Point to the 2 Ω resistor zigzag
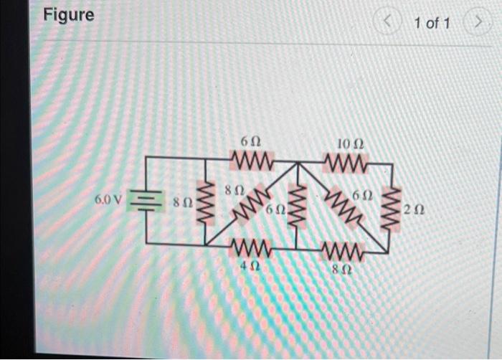click(392, 209)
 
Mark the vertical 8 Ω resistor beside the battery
click(205, 204)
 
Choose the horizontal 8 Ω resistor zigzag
click(345, 250)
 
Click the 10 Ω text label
click(351, 145)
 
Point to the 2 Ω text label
click(412, 210)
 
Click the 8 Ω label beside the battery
click(182, 204)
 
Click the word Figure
click(69, 14)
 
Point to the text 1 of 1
click(432, 24)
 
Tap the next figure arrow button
click(476, 24)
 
